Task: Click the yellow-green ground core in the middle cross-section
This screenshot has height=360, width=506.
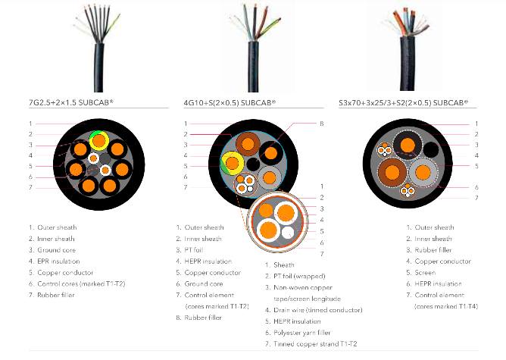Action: point(232,163)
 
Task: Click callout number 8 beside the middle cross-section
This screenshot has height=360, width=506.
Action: point(322,124)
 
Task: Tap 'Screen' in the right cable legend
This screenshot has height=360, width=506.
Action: point(425,272)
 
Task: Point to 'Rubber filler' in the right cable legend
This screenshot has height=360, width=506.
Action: point(434,249)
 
